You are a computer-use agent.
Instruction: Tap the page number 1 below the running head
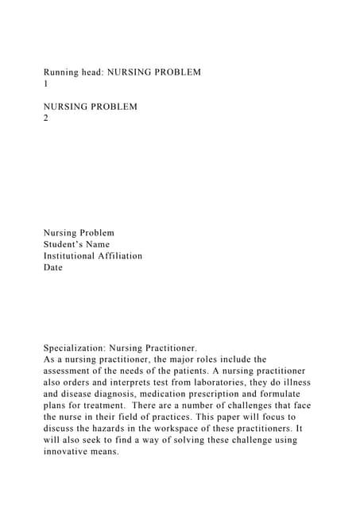pos(46,83)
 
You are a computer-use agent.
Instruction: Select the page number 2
pos(46,118)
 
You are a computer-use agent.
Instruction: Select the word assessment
pos(72,371)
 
